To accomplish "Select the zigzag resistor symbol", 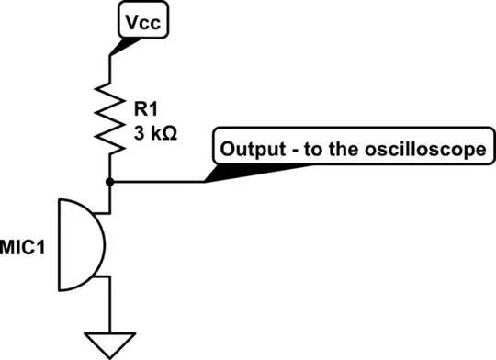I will tap(111, 119).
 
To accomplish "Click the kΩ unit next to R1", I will tap(160, 132).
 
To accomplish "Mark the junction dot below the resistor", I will tap(111, 181).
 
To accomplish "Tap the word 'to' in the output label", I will tap(310, 150).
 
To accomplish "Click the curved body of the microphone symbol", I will tap(93, 242).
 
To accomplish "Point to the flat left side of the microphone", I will tap(61, 242).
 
